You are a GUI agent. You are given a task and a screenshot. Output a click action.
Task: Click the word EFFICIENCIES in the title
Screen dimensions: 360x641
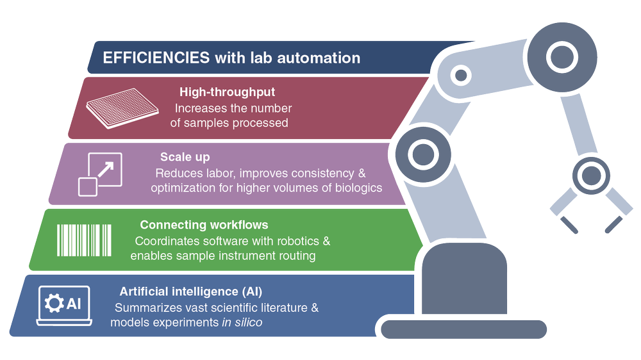(x=156, y=58)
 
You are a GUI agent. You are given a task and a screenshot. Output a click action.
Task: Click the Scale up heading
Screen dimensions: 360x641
(x=185, y=157)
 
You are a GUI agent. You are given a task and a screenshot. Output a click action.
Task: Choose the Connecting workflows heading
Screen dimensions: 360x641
(x=204, y=225)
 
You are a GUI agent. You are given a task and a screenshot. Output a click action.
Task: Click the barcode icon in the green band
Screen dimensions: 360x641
(x=86, y=240)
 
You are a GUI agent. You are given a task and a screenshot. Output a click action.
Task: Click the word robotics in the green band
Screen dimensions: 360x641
(x=297, y=241)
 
